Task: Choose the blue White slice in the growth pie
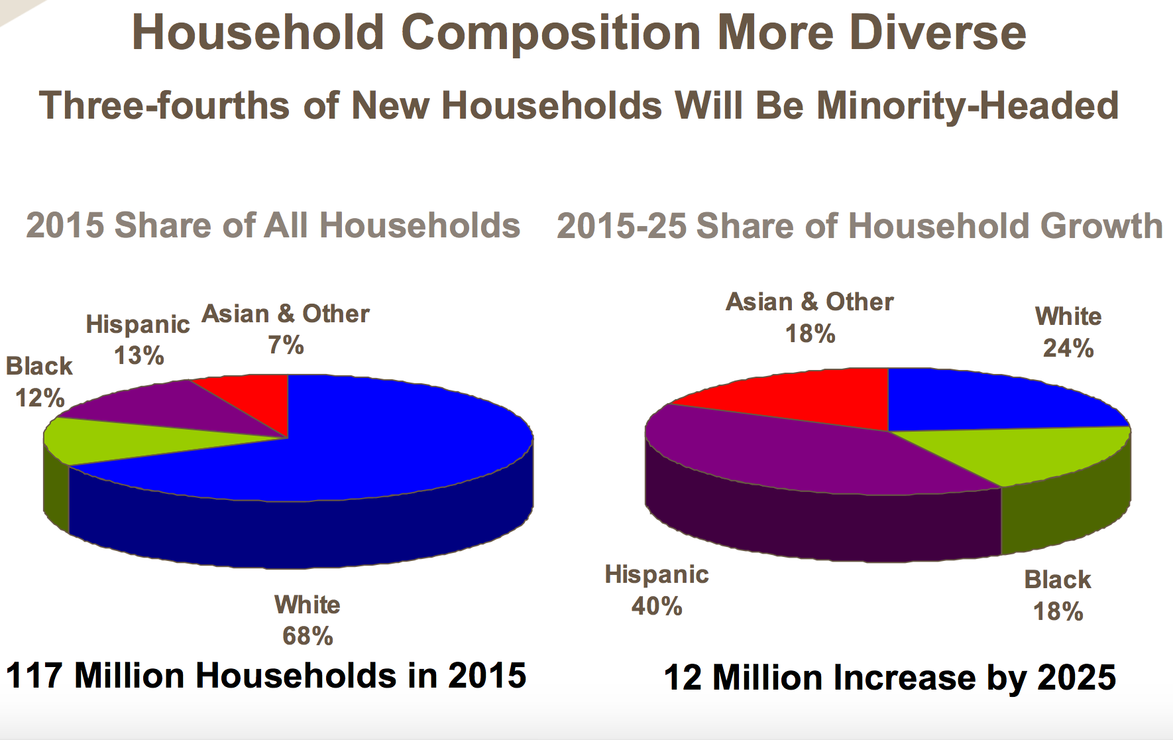coord(981,401)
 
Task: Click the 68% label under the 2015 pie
coord(307,637)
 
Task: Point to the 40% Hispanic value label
coord(657,606)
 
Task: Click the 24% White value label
coord(1068,348)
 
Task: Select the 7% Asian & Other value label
coord(286,345)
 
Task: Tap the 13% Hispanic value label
coord(139,355)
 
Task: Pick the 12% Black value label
coord(40,398)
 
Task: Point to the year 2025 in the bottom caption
coord(1076,678)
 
